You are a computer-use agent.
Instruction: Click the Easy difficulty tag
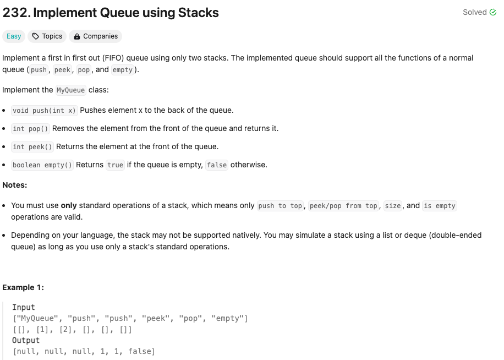(14, 36)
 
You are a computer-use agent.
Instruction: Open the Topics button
(47, 36)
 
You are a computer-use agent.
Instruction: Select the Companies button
(96, 36)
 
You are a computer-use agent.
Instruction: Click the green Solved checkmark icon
(492, 12)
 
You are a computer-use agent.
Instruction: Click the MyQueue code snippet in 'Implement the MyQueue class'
(71, 90)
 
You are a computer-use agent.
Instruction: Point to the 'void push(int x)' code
(44, 110)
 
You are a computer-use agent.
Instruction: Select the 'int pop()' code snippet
(31, 128)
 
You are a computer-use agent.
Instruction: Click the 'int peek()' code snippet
(32, 146)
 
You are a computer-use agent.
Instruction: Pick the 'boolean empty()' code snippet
(42, 165)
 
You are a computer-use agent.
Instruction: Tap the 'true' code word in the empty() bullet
(115, 165)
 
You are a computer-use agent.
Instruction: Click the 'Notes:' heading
(15, 185)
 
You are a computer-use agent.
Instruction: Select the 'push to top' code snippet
(280, 205)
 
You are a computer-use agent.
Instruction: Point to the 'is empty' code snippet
(440, 205)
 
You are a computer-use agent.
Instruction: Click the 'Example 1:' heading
(23, 287)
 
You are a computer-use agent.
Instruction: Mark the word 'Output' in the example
(26, 340)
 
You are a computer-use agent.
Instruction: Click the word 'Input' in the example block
(24, 307)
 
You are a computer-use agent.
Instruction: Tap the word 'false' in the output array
(140, 351)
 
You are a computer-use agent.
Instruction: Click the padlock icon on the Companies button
(77, 36)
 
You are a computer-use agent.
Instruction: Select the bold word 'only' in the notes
(69, 205)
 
